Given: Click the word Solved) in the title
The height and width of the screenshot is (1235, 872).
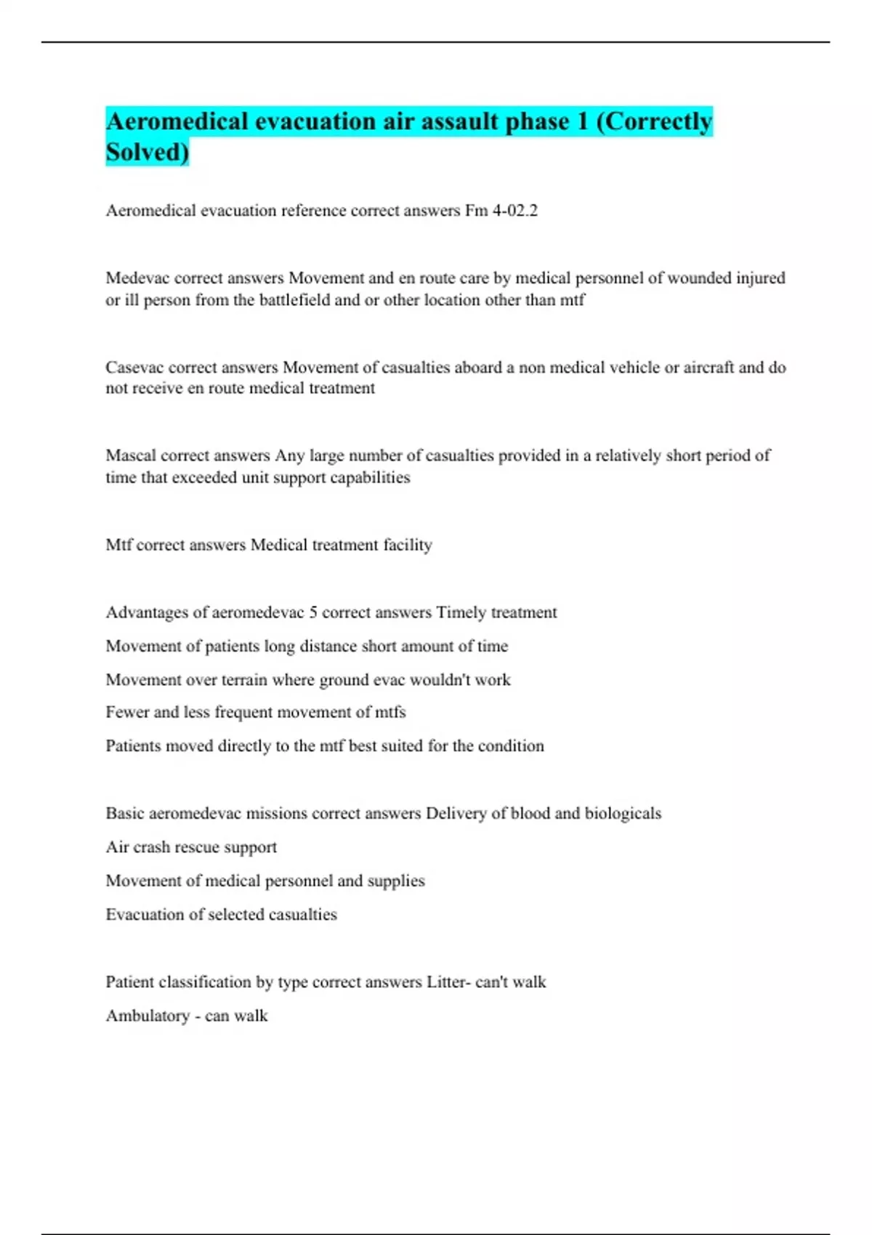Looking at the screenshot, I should pyautogui.click(x=147, y=152).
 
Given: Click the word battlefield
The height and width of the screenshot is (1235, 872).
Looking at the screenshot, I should pyautogui.click(x=294, y=300).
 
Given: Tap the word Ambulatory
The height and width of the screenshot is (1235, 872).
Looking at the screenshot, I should pyautogui.click(x=148, y=1016).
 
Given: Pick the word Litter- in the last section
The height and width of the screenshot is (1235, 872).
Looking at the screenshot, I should pyautogui.click(x=448, y=982).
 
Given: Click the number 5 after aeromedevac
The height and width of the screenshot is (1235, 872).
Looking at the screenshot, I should pyautogui.click(x=313, y=612).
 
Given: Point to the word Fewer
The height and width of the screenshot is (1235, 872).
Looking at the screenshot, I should pyautogui.click(x=127, y=712).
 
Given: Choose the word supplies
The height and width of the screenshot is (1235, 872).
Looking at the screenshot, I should pyautogui.click(x=396, y=881).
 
